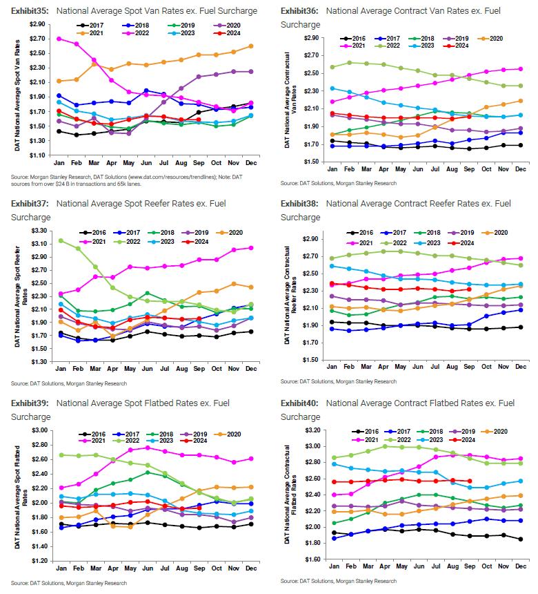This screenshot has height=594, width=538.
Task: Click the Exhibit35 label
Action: pyautogui.click(x=30, y=10)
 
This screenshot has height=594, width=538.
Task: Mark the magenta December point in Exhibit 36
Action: pyautogui.click(x=519, y=68)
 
